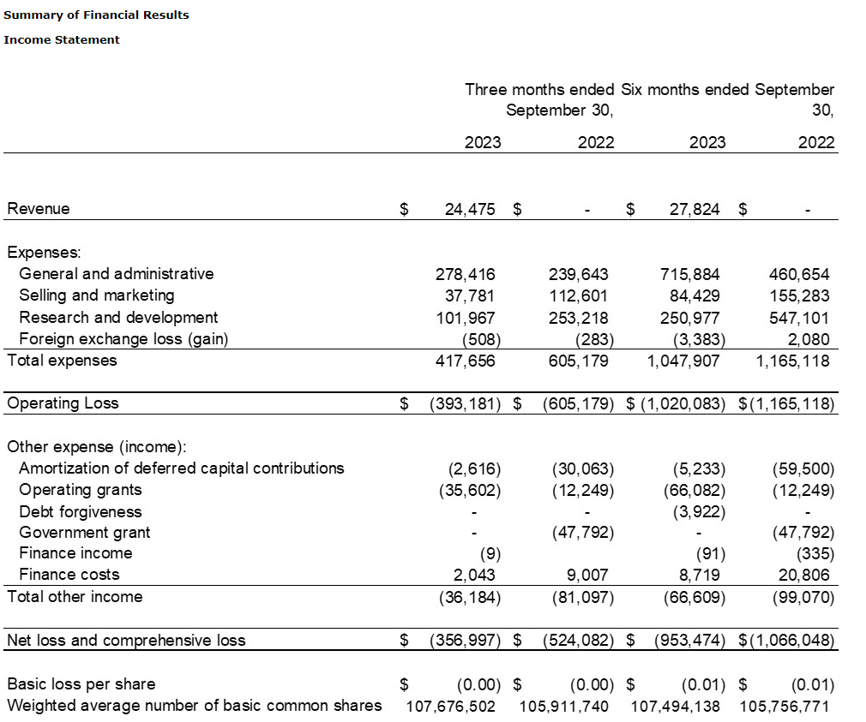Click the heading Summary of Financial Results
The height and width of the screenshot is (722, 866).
pos(96,15)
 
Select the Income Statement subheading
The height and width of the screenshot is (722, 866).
pos(62,39)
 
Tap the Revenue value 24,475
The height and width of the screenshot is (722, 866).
pos(469,209)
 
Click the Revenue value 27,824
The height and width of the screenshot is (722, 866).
pos(694,209)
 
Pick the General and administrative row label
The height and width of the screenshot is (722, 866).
pos(116,274)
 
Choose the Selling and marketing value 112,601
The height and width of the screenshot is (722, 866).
pos(579,295)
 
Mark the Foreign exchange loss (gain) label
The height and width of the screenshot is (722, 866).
pos(123,339)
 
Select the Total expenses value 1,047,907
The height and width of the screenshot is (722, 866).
pos(683,361)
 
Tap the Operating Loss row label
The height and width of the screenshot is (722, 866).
pos(63,403)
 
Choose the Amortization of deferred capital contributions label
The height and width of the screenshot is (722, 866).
pos(181,468)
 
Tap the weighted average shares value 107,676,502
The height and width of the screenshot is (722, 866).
pos(450,707)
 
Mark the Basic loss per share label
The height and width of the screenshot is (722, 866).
pos(81,684)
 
